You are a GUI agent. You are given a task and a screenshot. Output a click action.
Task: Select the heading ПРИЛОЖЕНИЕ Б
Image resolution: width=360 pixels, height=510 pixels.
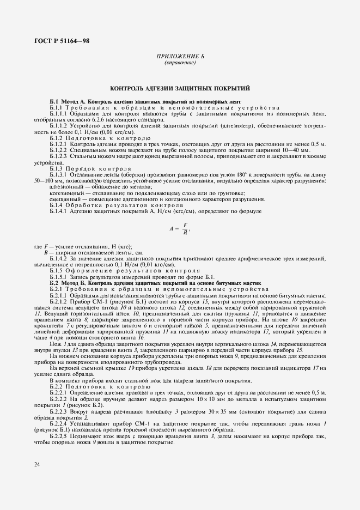180,57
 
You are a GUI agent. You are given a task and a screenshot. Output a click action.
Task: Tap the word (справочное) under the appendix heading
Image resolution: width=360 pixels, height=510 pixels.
180,63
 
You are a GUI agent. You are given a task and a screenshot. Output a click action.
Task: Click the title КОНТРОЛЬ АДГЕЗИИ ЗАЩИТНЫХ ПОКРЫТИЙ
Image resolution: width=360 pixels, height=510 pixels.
180,87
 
